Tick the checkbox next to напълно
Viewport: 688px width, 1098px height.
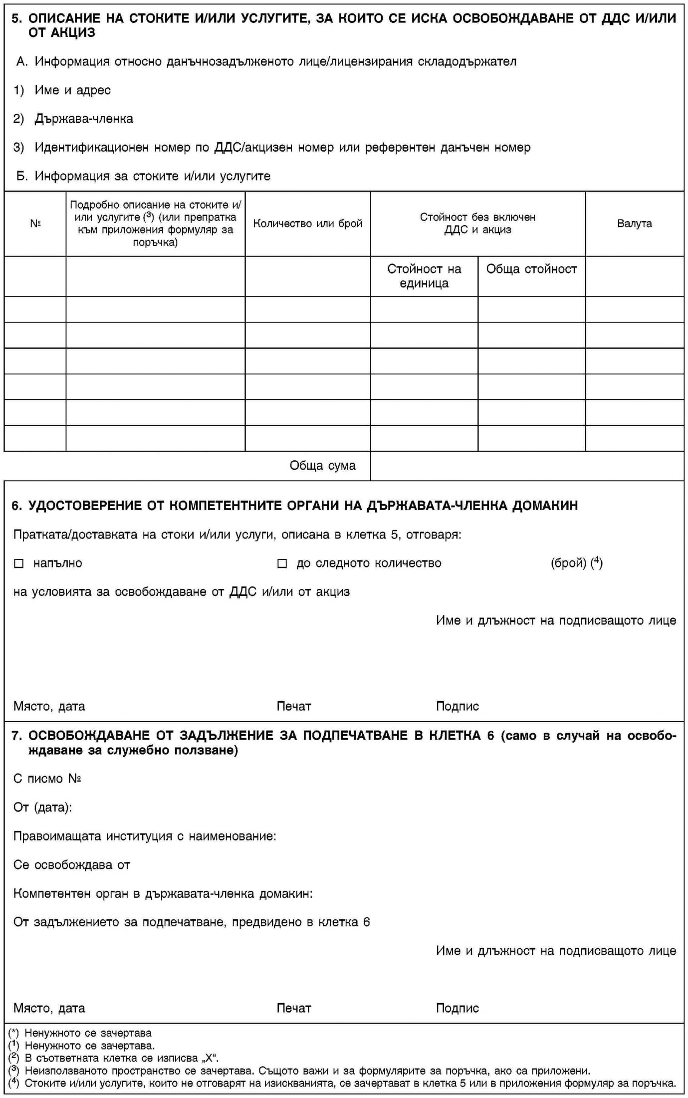(18, 563)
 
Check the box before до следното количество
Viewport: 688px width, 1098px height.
(282, 563)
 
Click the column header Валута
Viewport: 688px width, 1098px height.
(634, 223)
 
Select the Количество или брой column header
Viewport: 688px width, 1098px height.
(307, 223)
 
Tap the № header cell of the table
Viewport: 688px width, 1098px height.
(35, 223)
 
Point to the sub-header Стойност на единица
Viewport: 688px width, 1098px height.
(424, 276)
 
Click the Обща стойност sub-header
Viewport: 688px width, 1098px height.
(531, 269)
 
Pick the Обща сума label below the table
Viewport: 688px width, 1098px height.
(322, 466)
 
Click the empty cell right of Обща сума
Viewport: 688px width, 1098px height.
(527, 466)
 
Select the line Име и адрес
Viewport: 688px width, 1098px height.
(72, 90)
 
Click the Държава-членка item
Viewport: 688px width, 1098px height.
(83, 119)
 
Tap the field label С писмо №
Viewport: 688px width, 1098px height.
(47, 779)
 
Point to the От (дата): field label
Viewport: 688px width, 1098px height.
(42, 807)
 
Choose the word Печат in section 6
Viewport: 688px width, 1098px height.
(294, 706)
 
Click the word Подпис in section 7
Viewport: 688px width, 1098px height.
(457, 1008)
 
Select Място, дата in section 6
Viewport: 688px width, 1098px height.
(49, 706)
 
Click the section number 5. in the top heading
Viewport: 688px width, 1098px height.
(17, 18)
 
